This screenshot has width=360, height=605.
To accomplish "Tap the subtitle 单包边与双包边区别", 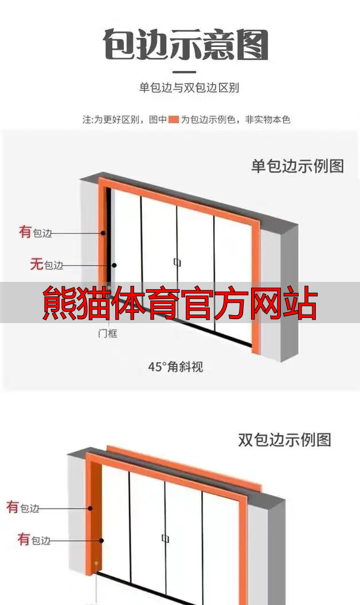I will point(189,88).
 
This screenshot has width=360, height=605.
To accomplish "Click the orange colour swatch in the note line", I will point(174,120).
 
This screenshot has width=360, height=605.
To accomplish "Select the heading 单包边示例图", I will point(298,166).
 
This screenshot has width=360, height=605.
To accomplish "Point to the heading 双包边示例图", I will point(284,440).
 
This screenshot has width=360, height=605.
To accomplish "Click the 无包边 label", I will point(46,265).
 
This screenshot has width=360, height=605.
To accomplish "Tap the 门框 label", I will point(107,333).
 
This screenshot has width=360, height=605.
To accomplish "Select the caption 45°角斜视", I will point(175,367).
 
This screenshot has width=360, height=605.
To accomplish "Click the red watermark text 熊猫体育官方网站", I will point(180,304).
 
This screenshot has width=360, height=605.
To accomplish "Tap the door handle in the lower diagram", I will point(165,539).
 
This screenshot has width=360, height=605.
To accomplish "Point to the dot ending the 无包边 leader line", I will point(114,265).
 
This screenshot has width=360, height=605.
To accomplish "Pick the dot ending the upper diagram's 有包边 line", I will point(104,233).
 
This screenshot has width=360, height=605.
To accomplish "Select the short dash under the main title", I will point(184,72).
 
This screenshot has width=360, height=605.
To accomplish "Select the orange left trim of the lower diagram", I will point(90,516).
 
